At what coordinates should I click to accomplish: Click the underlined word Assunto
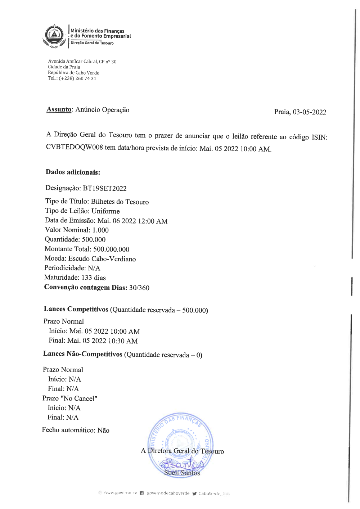(59, 109)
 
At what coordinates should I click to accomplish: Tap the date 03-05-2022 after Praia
(309, 112)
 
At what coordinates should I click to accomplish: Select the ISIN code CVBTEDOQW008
(75, 147)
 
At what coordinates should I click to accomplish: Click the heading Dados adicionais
(73, 172)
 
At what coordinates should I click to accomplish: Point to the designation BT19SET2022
(105, 188)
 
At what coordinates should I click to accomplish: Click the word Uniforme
(105, 211)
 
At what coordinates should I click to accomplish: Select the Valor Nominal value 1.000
(100, 230)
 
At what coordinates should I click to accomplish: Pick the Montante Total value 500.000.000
(111, 249)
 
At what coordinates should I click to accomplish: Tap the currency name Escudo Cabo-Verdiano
(102, 259)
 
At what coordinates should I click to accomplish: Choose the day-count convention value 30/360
(139, 288)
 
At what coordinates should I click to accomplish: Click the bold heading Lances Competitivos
(76, 309)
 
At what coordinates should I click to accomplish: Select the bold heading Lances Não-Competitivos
(83, 354)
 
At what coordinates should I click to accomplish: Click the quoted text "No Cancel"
(80, 398)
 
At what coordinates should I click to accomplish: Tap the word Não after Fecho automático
(103, 430)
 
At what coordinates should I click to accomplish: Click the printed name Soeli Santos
(182, 473)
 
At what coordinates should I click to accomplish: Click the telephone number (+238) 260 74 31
(77, 78)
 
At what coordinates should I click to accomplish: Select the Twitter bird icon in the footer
(194, 494)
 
